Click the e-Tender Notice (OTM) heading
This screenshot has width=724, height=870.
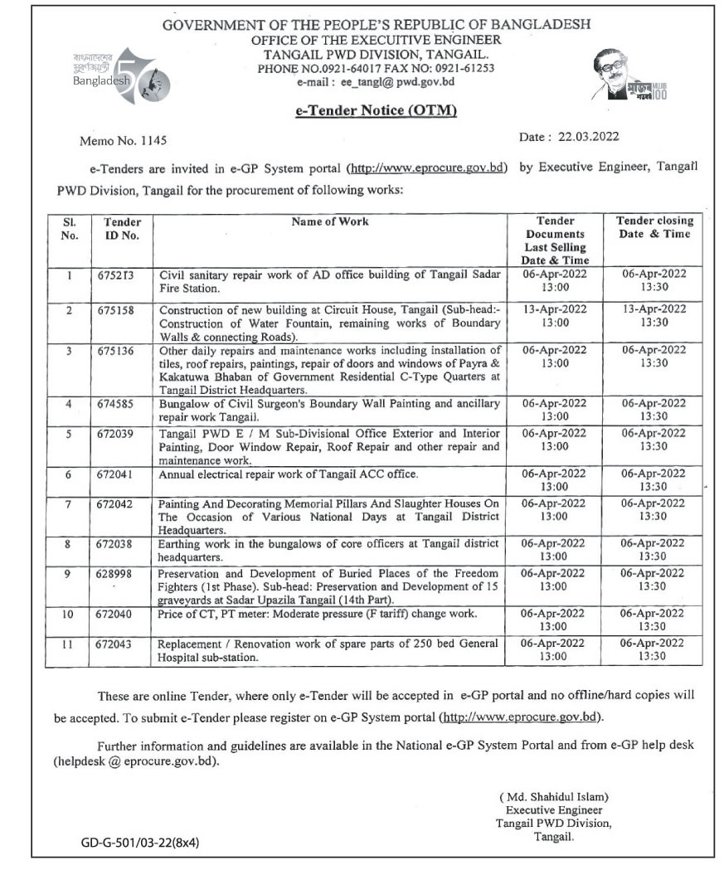pos(377,110)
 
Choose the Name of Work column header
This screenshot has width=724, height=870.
pos(330,221)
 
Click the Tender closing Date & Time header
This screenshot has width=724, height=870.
pos(654,227)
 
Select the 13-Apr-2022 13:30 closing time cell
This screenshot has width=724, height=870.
pos(654,315)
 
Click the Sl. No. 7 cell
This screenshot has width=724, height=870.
pos(70,503)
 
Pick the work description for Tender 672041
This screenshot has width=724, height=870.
pos(289,474)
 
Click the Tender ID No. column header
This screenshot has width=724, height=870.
pos(122,228)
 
